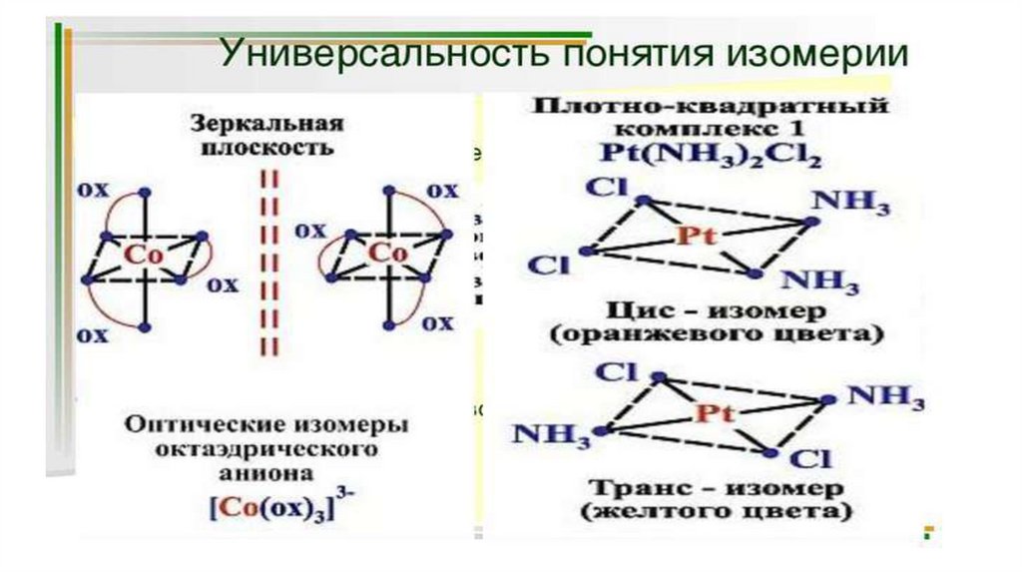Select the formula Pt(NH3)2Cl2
[x=712, y=156]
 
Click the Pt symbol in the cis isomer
[x=696, y=236]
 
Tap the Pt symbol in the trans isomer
[x=710, y=412]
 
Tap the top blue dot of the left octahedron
[x=146, y=191]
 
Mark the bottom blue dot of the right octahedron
[x=386, y=325]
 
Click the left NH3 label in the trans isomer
[x=552, y=436]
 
